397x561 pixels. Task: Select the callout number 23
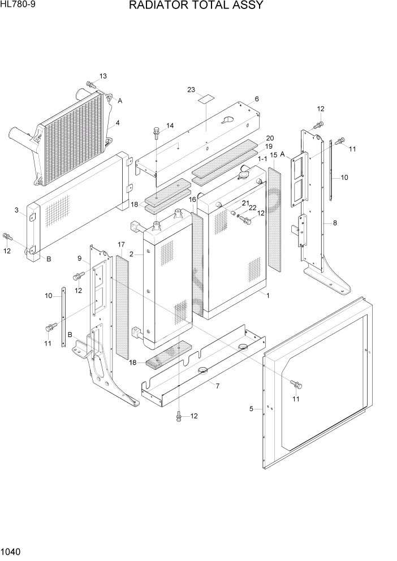pyautogui.click(x=191, y=90)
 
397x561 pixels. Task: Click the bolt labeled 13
pyautogui.click(x=91, y=85)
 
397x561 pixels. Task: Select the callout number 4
pyautogui.click(x=117, y=123)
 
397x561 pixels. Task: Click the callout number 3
pyautogui.click(x=17, y=210)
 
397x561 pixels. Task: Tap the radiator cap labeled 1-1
pyautogui.click(x=246, y=174)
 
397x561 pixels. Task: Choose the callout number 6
pyautogui.click(x=256, y=99)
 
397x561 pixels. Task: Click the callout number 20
pyautogui.click(x=270, y=139)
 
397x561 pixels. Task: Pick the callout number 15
pyautogui.click(x=273, y=155)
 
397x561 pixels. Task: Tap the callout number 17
pyautogui.click(x=121, y=244)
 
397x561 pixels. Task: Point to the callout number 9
pyautogui.click(x=80, y=258)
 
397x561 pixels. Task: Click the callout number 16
pyautogui.click(x=192, y=200)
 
